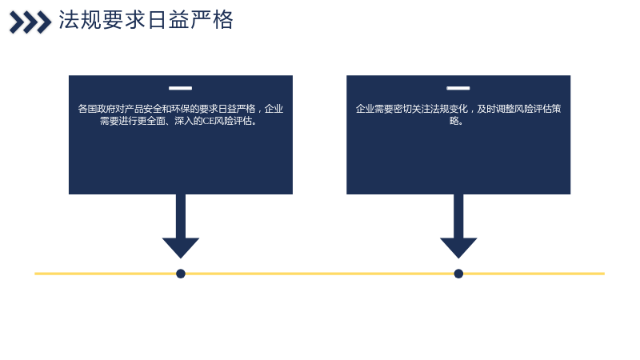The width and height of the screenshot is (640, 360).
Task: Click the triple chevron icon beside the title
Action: [x=30, y=22]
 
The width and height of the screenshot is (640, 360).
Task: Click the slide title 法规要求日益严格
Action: [x=146, y=20]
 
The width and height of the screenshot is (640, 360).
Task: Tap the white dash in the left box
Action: [x=181, y=88]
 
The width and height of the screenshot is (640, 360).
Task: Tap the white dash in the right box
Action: [x=458, y=88]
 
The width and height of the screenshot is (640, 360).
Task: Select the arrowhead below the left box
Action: [x=181, y=247]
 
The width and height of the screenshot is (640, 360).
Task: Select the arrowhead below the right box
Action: [x=458, y=247]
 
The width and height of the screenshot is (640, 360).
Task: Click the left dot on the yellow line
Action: [x=181, y=274]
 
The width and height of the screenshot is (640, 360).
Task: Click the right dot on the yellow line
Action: [x=458, y=274]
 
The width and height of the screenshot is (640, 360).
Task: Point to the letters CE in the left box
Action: [x=208, y=121]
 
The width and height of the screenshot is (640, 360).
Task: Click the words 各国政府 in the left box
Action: [x=96, y=109]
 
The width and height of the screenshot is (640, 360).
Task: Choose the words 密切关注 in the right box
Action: [x=412, y=109]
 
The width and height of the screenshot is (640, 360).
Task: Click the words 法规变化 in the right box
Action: [x=449, y=109]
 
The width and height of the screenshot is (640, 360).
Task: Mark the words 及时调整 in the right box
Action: [x=496, y=109]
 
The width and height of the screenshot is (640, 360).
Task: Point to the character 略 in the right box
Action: [x=454, y=121]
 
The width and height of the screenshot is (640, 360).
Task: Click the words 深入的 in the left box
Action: [x=189, y=121]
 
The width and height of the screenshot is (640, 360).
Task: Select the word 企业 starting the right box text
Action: [x=365, y=109]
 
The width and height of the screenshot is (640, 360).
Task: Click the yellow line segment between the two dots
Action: [x=319, y=274]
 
